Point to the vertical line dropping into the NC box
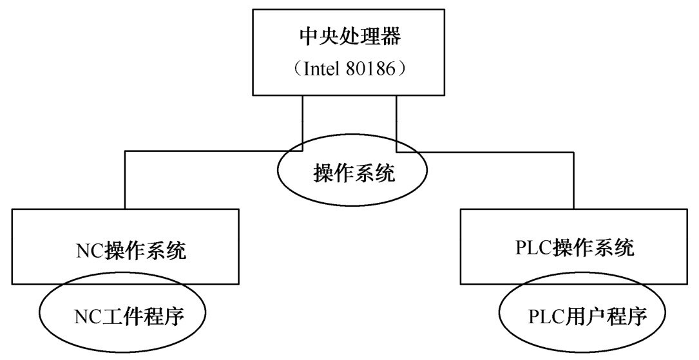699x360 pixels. (125, 180)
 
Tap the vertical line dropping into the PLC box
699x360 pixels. (572, 180)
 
